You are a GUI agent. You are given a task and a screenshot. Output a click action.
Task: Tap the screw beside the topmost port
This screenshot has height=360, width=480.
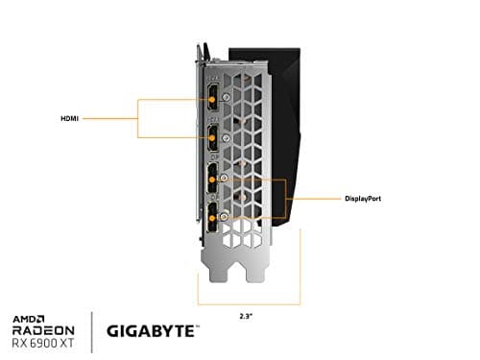click(224, 96)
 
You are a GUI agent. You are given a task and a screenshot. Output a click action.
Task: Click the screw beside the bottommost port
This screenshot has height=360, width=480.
click(224, 217)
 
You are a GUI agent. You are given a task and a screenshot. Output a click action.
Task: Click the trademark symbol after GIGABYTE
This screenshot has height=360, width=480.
click(198, 324)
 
